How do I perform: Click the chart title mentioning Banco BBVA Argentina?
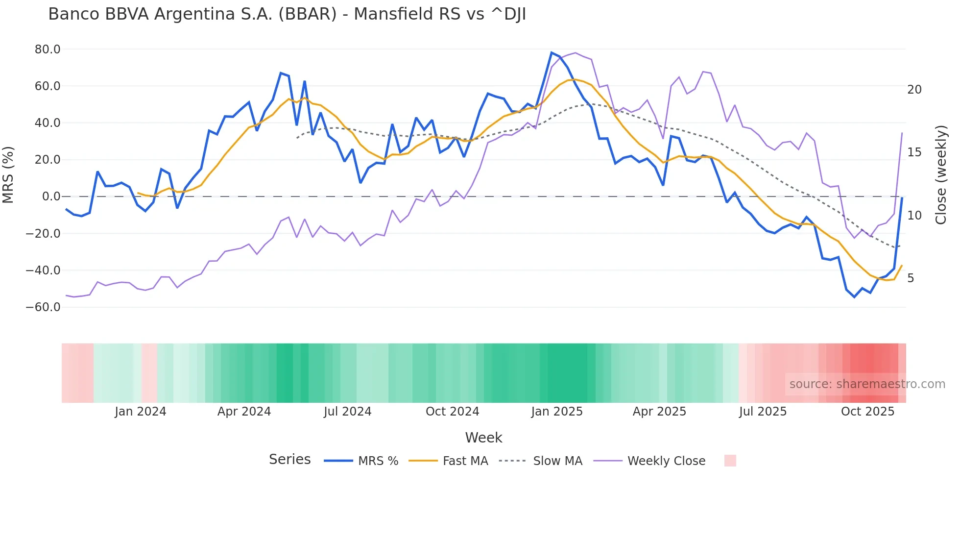click(287, 14)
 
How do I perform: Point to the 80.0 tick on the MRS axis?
click(48, 49)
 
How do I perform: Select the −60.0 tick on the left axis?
click(43, 307)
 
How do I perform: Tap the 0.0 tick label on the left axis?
click(51, 196)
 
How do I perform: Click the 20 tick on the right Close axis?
click(914, 90)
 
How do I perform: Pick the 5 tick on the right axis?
click(911, 278)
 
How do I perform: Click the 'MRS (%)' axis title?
click(8, 175)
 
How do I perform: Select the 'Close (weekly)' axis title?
click(940, 175)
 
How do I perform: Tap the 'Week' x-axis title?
click(483, 438)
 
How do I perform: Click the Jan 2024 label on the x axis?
click(141, 412)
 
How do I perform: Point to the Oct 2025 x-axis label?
click(867, 412)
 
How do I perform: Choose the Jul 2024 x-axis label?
click(348, 412)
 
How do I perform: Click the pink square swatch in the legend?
click(730, 461)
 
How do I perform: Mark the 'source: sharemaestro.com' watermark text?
click(867, 384)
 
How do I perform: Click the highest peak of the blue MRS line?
click(552, 52)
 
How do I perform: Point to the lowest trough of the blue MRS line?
click(855, 297)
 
